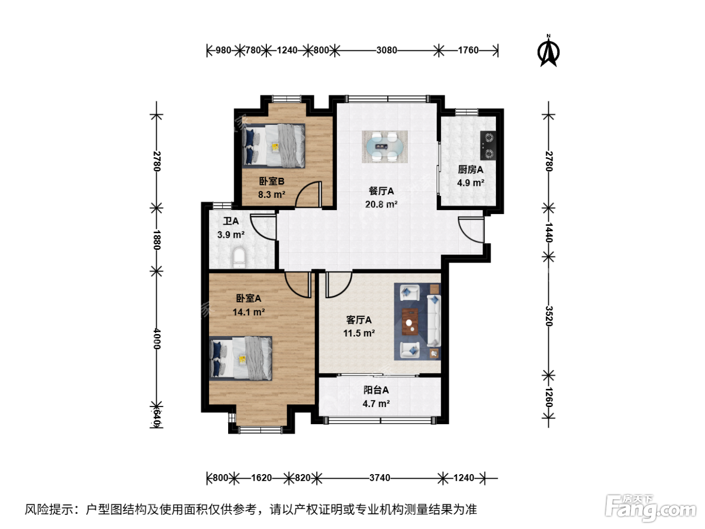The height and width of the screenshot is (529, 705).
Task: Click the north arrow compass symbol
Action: [548, 51]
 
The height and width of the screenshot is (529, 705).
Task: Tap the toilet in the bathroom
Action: [239, 257]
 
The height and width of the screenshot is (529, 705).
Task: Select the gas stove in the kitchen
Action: [488, 146]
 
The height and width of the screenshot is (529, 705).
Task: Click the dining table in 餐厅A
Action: [385, 147]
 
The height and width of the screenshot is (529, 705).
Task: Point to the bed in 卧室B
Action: [273, 146]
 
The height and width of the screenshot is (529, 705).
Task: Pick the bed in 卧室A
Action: [241, 358]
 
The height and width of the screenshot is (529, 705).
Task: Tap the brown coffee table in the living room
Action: [410, 321]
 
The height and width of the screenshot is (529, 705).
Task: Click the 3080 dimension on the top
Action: [387, 50]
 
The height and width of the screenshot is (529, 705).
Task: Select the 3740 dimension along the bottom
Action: [380, 478]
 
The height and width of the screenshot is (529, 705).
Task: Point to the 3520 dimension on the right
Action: [549, 316]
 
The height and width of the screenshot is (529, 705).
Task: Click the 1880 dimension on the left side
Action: [157, 240]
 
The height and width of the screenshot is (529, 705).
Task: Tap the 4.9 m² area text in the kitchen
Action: [470, 183]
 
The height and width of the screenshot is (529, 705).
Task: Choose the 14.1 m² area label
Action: [249, 312]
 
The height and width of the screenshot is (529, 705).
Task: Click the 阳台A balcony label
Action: [376, 390]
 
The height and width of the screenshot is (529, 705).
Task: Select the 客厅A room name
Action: [359, 320]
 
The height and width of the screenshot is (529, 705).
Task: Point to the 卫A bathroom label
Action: [231, 221]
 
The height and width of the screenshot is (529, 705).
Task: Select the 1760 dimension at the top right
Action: [468, 50]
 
